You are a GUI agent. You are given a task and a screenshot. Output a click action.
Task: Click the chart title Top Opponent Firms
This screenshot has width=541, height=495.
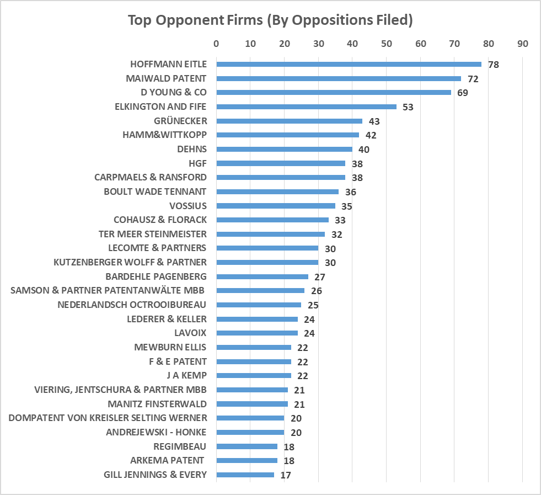coord(270,20)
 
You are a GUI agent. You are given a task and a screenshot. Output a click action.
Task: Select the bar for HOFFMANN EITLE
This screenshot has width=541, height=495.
coord(349,64)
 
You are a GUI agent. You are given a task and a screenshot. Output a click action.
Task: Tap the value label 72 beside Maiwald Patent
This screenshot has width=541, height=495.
coord(473,79)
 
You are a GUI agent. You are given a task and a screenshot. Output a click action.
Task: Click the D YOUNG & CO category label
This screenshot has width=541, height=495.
coord(174,92)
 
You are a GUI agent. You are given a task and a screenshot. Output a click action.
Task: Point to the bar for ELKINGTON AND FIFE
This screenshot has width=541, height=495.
coord(306,107)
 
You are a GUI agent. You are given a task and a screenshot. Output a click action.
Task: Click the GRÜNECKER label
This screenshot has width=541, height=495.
coord(180,121)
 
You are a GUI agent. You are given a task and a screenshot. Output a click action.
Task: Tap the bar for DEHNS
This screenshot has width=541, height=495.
coord(284,149)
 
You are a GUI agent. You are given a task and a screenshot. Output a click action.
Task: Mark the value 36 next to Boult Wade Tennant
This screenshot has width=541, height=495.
coord(350,192)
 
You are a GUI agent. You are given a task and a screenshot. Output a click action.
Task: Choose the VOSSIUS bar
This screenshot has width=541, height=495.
coord(276,206)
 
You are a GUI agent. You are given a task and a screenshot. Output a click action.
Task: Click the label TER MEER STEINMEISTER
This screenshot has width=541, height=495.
coord(153,234)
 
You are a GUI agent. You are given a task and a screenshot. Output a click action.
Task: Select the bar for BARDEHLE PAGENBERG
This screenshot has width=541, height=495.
coord(262,276)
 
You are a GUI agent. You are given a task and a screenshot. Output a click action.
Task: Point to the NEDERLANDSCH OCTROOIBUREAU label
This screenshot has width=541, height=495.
coord(132,305)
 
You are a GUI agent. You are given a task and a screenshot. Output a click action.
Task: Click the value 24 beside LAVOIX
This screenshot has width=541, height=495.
coord(309,333)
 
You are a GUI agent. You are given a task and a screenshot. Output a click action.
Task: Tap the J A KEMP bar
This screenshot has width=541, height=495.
coord(254,375)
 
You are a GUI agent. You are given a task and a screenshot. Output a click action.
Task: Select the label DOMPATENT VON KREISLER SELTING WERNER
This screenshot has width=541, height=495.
coord(108,418)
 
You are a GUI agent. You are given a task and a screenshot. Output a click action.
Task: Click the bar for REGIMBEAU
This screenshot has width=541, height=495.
coord(247,446)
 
